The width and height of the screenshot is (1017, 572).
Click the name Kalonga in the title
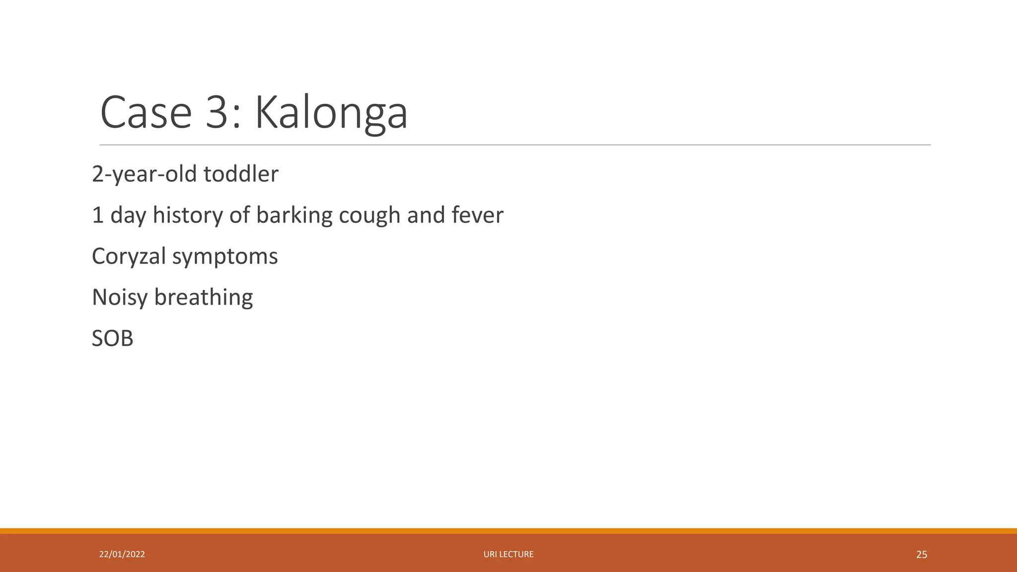[x=331, y=113]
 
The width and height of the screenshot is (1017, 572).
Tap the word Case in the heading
[x=146, y=113]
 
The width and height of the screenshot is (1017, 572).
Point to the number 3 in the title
[x=217, y=113]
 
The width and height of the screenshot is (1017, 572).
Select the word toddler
[x=241, y=174]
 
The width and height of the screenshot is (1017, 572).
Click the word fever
[x=477, y=215]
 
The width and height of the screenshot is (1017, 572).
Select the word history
[x=188, y=215]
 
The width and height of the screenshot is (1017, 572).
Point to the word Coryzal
[x=129, y=257]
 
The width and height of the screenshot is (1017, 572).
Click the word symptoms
[x=225, y=257]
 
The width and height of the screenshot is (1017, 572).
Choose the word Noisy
[x=120, y=297]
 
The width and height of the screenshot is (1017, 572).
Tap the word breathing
[x=204, y=297]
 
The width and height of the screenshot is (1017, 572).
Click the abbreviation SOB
[x=113, y=339]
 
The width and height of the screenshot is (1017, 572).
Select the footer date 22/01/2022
[x=122, y=554]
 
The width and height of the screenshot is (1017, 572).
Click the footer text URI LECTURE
[x=508, y=554]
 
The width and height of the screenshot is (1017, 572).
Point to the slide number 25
[x=921, y=555]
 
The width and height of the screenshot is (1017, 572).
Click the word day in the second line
[x=128, y=215]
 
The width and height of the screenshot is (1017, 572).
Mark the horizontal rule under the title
[x=515, y=145]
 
